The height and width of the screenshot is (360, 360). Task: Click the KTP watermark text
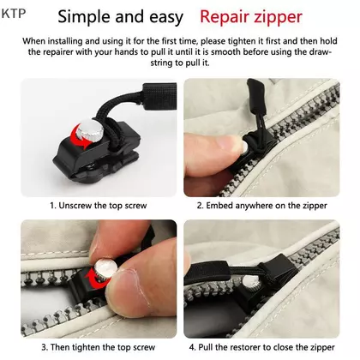[14, 14]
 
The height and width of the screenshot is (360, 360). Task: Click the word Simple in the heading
[85, 17]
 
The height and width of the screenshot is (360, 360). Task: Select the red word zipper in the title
[275, 18]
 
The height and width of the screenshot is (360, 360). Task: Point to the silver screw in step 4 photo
[251, 282]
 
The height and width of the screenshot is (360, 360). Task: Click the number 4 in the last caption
[192, 347]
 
